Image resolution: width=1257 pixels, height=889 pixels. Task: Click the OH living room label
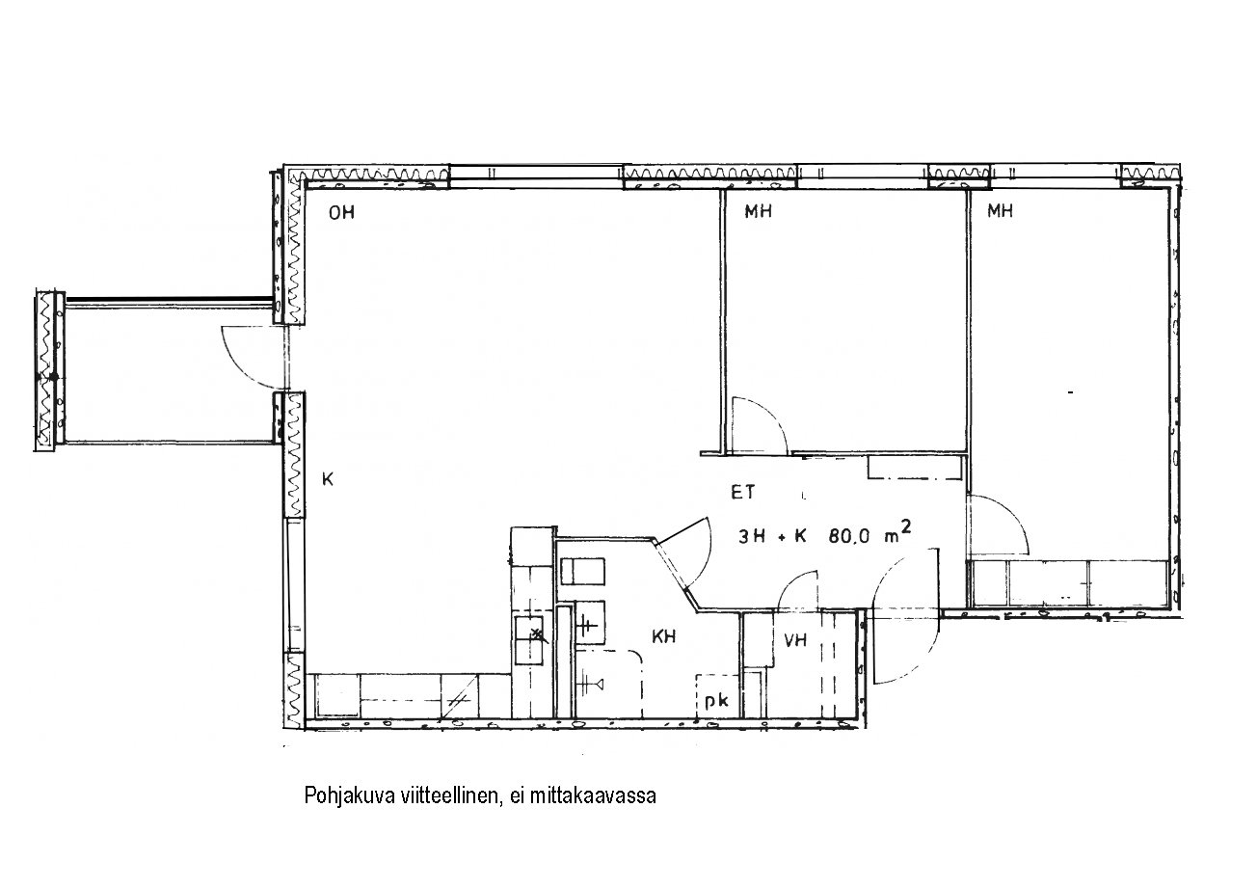(341, 213)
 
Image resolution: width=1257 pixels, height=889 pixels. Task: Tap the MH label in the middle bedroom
(758, 211)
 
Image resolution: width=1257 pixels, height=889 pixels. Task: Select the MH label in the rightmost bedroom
(1000, 211)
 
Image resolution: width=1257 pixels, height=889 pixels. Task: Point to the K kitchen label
(328, 479)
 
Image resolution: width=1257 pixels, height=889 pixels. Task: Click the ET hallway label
(742, 492)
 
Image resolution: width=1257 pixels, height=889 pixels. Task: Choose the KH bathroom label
(663, 636)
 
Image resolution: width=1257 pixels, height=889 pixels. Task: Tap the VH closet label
(795, 640)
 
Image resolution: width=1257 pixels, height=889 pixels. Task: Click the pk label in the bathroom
(716, 702)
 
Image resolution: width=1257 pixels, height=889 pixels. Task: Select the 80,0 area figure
(848, 536)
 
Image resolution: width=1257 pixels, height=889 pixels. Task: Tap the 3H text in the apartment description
(752, 537)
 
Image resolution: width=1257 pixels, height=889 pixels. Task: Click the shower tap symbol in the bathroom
(589, 684)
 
